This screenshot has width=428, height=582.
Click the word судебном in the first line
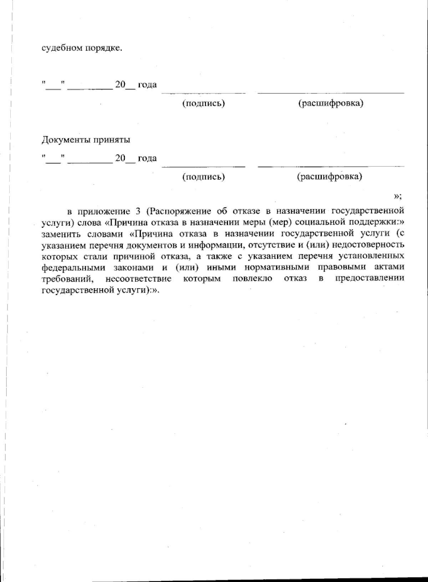(x=62, y=48)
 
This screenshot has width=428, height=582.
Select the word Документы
(x=66, y=140)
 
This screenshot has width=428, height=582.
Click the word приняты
(x=112, y=140)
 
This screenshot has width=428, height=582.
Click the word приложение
(x=104, y=211)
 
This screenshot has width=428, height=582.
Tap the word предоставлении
(x=370, y=278)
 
